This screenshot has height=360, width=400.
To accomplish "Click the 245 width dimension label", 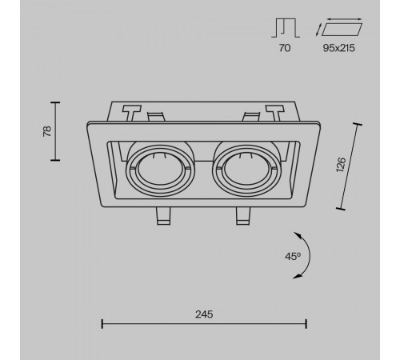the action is click(204, 314).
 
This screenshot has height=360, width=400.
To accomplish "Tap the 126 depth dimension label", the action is click(341, 165).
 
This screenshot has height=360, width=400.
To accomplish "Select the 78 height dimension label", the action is click(47, 131).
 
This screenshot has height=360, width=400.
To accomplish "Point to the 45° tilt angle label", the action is click(293, 257).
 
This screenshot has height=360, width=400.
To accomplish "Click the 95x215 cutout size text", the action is click(339, 48).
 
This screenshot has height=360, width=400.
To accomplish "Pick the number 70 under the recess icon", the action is click(285, 48).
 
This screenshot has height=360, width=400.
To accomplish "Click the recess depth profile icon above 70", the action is click(286, 28).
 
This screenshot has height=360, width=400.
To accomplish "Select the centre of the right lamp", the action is click(247, 169).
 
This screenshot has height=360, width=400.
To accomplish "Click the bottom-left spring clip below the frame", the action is click(163, 216).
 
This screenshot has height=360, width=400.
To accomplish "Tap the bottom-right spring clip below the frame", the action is click(243, 216).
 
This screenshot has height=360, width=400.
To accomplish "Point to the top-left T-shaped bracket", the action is click(131, 113).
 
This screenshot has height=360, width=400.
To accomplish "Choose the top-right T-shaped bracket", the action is click(274, 113).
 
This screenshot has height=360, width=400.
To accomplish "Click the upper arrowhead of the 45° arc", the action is click(297, 235).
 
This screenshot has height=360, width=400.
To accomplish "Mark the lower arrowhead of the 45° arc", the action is click(297, 277).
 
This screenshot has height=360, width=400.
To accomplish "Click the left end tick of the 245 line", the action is click(102, 324).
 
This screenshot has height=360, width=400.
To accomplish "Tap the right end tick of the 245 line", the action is click(306, 324).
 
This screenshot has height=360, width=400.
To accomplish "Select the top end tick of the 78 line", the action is click(55, 102).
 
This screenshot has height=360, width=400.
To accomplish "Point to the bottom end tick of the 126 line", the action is click(341, 209).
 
